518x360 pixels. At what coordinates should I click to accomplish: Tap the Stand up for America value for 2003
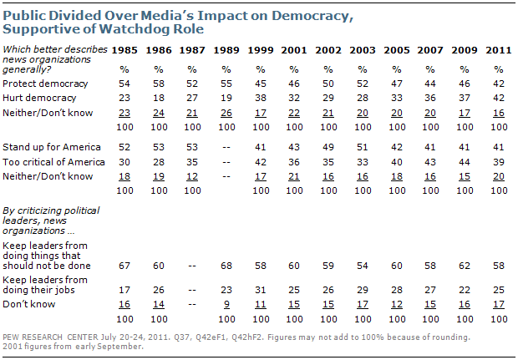[363, 146]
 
